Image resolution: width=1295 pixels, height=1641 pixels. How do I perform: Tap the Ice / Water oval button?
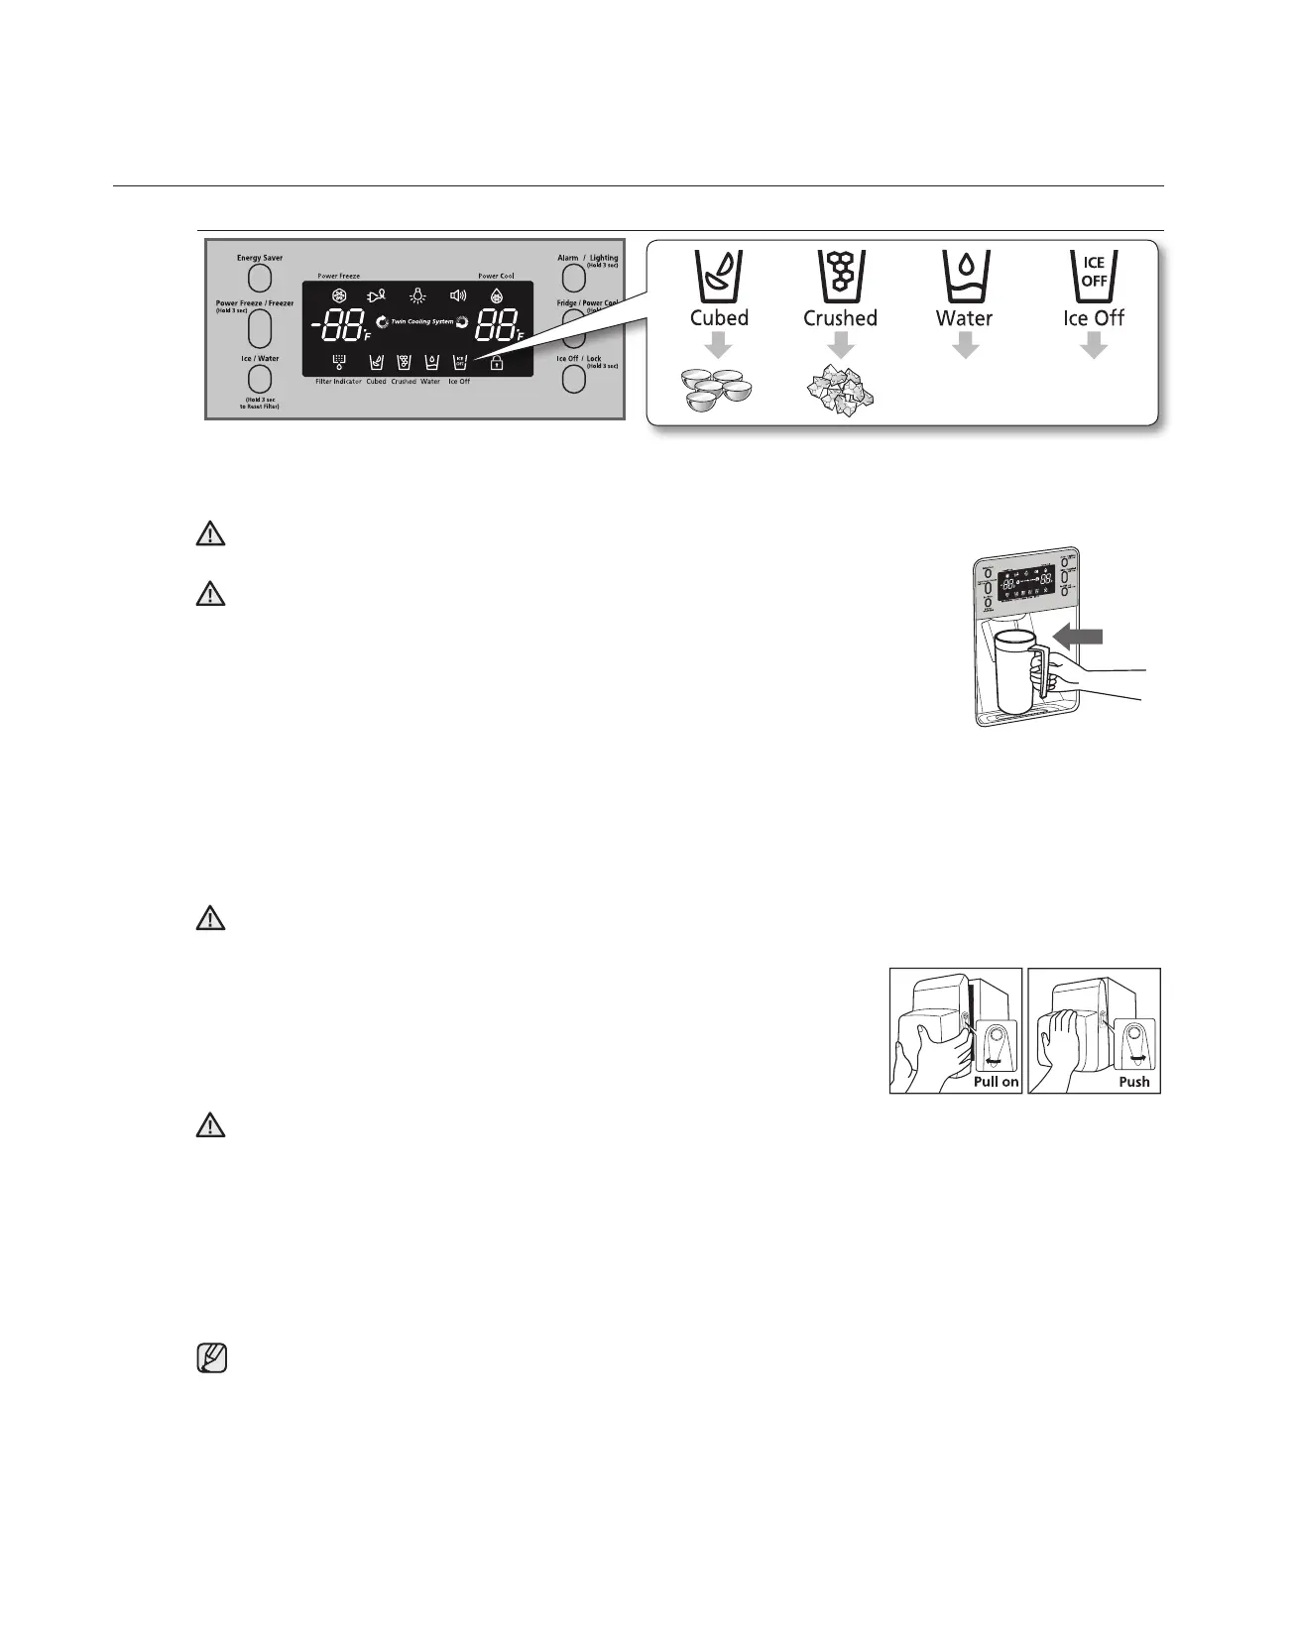click(x=259, y=379)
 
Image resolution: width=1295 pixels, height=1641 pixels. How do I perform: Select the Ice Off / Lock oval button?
click(x=573, y=379)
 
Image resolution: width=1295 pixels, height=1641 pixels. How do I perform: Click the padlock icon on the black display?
click(x=496, y=363)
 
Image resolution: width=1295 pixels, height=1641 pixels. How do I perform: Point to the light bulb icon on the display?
click(x=419, y=295)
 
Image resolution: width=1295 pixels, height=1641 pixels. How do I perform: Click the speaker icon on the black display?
click(x=457, y=295)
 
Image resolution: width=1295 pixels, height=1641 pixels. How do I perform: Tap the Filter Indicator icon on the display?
click(x=339, y=363)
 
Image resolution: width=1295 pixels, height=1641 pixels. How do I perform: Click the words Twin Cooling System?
click(x=421, y=322)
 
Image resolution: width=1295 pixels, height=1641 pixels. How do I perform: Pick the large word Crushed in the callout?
click(x=840, y=318)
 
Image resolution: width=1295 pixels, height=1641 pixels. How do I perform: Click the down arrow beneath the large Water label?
click(x=965, y=346)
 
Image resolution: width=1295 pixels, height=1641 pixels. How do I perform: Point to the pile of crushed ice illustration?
click(x=841, y=391)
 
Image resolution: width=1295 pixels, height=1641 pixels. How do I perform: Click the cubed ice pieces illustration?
click(x=719, y=388)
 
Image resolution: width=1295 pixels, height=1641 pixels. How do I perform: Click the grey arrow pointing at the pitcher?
click(x=1079, y=636)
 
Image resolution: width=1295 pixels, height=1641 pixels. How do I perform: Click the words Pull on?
click(x=996, y=1082)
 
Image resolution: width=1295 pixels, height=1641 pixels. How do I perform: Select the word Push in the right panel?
click(x=1133, y=1082)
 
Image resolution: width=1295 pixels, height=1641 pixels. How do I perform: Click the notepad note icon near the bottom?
click(x=212, y=1357)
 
